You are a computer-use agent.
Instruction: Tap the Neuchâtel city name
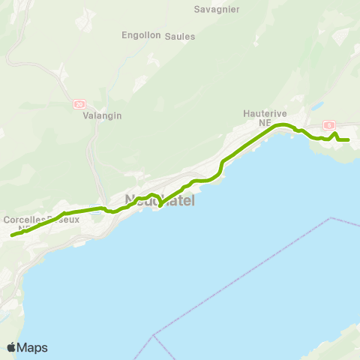[158, 200]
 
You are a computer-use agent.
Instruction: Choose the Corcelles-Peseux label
[41, 219]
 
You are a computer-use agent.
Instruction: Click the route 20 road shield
[80, 103]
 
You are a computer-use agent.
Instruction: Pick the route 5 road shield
[328, 124]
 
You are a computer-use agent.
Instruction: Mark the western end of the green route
[12, 235]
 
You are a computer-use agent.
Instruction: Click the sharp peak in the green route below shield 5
[334, 133]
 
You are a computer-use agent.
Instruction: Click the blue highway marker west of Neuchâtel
[95, 208]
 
